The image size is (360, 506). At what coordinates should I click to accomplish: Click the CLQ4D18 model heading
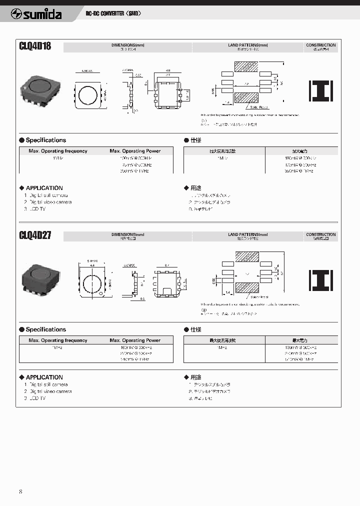(35, 47)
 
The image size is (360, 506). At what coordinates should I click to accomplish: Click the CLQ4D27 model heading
(35, 236)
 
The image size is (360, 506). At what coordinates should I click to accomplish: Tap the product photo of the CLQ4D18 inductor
(38, 89)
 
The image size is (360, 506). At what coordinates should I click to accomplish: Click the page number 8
(20, 491)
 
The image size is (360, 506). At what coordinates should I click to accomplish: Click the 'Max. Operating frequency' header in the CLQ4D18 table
(57, 151)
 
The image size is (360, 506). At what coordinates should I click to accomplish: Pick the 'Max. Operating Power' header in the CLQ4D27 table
(135, 340)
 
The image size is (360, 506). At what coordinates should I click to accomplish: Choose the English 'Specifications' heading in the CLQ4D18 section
(45, 140)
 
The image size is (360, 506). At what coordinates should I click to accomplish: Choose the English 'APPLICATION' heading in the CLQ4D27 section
(44, 377)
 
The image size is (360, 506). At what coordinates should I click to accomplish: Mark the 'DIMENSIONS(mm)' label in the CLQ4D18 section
(127, 45)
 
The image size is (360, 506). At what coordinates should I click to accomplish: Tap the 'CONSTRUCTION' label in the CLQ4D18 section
(320, 45)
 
